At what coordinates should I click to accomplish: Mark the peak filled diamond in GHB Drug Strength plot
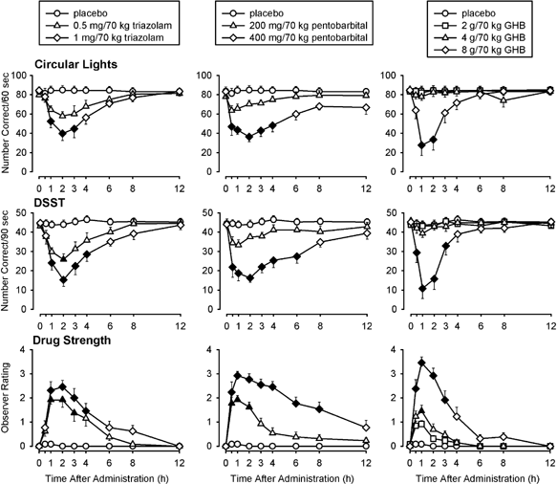[x=421, y=363]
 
